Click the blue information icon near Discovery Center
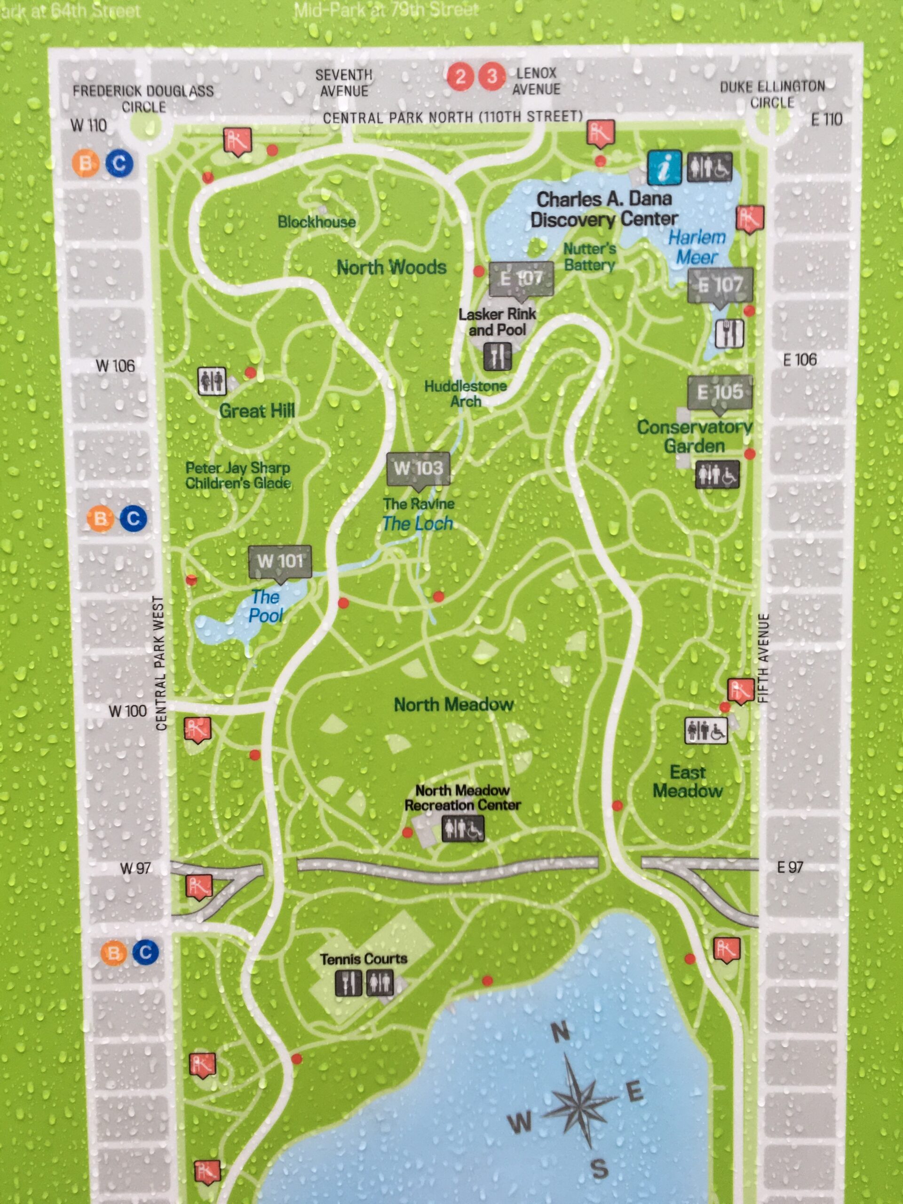664,167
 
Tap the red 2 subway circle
460,77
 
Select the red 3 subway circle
491,76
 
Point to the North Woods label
391,267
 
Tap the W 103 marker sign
418,467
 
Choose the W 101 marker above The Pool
280,561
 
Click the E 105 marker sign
720,391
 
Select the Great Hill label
256,411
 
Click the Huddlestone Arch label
466,394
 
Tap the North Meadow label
453,705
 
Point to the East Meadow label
688,781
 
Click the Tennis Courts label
363,958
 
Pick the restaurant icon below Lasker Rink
498,356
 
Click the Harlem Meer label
697,246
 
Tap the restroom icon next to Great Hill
212,380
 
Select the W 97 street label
135,868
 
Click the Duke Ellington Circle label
772,94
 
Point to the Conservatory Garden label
695,436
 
